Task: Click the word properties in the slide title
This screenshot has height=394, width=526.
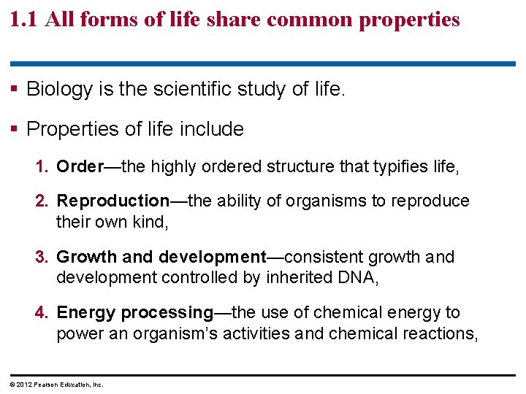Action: tap(411, 20)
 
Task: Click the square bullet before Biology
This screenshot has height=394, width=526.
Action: tap(16, 90)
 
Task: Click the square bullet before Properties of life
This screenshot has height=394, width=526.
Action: tap(16, 130)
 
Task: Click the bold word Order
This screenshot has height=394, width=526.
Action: tap(80, 166)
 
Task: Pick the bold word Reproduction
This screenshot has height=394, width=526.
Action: tap(113, 201)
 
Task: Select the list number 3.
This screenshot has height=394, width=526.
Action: tap(41, 257)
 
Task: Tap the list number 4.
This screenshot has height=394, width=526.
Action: tap(41, 313)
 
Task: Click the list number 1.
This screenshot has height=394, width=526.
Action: tap(41, 166)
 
